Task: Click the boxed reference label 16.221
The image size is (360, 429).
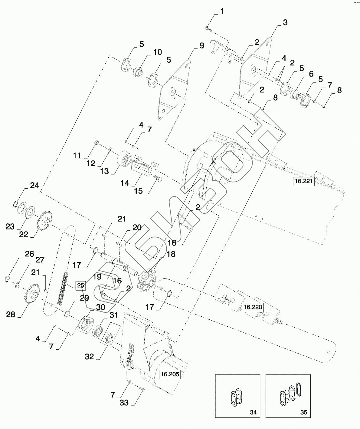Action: point(303,181)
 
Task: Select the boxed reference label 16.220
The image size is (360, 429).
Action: point(252,307)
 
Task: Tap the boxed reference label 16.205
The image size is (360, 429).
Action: point(170,374)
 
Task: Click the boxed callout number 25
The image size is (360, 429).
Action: point(81,285)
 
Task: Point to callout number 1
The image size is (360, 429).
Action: point(222,12)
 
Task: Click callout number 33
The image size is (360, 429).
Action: point(124,403)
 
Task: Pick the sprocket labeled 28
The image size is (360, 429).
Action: point(32,293)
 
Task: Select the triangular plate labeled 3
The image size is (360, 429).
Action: point(255,68)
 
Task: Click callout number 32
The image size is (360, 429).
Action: point(89,356)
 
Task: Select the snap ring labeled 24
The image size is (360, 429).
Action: point(15,204)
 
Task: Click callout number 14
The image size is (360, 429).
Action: point(125,183)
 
